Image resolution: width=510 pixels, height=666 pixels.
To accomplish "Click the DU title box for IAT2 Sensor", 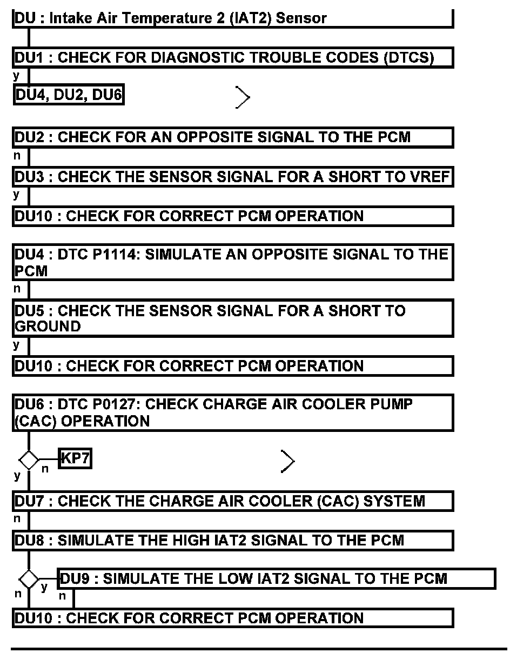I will [232, 18].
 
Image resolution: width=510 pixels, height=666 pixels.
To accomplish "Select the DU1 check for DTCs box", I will [232, 58].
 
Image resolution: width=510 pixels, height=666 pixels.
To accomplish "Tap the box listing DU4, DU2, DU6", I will [69, 96].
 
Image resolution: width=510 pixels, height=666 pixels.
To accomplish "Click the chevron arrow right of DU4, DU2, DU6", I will [243, 97].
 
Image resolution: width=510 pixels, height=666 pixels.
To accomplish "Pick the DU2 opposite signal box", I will [232, 137].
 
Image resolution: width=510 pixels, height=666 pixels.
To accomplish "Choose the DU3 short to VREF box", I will [232, 177].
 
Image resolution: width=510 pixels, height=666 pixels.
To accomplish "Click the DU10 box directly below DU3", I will [232, 216].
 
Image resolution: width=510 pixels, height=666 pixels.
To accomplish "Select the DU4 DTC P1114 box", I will [232, 262].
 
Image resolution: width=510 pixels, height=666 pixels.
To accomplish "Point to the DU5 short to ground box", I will [232, 318].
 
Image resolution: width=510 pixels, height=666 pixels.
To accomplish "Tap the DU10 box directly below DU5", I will [232, 366].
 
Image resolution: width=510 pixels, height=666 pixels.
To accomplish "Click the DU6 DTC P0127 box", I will [232, 412].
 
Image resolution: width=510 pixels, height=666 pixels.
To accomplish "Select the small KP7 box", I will [75, 459].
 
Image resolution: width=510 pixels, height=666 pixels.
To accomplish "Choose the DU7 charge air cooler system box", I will [232, 501].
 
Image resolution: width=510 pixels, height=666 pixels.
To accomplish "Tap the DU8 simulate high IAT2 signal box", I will [232, 541].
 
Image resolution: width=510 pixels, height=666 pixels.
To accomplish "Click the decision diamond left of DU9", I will [29, 580].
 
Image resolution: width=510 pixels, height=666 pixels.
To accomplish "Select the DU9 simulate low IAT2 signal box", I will [276, 579].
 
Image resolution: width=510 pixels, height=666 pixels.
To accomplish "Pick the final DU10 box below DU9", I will [232, 618].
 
